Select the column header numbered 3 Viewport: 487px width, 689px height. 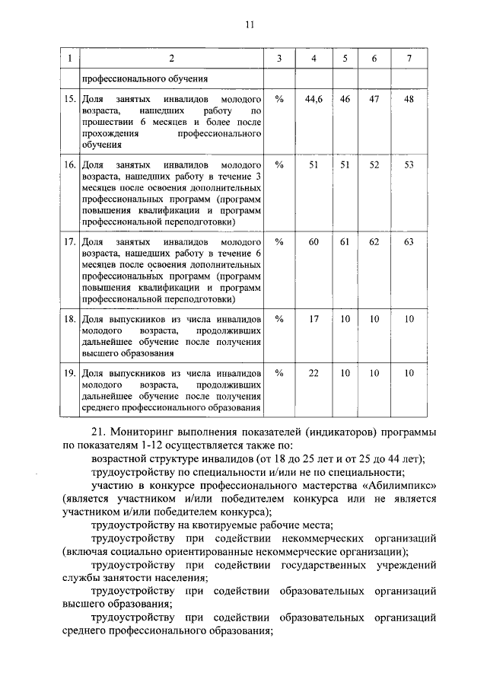[279, 59]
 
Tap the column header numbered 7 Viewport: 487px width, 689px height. [409, 59]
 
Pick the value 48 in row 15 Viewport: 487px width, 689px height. [409, 100]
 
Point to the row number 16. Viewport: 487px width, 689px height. [69, 164]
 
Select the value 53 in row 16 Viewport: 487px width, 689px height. [409, 164]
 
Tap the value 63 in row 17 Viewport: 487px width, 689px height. [409, 241]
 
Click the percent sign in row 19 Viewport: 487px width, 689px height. [279, 373]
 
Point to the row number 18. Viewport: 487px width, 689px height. [69, 319]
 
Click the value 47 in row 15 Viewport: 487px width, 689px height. [374, 100]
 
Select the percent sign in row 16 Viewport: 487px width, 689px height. [279, 164]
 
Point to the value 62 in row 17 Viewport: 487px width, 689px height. [374, 241]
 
